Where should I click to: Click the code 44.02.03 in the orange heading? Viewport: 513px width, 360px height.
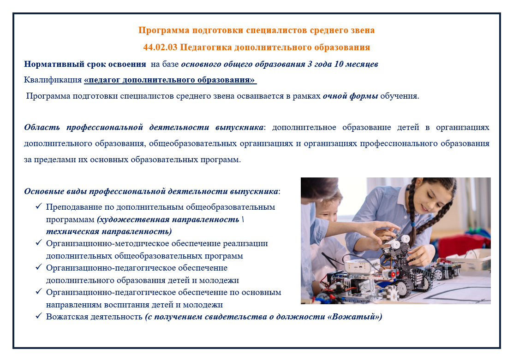160,47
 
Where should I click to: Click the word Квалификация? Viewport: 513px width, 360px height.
53,80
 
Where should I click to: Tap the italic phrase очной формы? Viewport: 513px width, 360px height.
351,96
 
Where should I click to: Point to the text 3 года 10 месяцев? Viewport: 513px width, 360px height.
343,64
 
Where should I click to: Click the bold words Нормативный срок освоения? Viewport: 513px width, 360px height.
85,64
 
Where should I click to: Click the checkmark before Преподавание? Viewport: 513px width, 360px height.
39,206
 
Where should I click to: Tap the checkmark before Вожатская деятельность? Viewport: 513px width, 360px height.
39,316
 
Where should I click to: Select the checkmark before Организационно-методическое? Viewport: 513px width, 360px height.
39,242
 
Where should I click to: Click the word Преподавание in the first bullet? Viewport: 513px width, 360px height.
74,207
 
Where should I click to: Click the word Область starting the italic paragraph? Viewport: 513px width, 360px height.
42,127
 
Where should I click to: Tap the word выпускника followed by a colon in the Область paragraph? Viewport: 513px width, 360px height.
239,127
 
